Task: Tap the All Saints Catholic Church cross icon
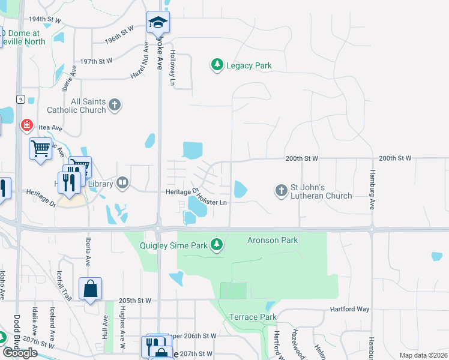(115, 106)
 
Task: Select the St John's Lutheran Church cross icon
(281, 191)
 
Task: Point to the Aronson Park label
(273, 240)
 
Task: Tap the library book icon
(122, 182)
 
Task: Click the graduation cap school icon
(158, 23)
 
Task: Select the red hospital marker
(26, 125)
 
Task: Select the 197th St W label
(97, 61)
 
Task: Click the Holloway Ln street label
(173, 67)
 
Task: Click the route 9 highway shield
(21, 100)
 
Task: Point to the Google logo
(20, 352)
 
